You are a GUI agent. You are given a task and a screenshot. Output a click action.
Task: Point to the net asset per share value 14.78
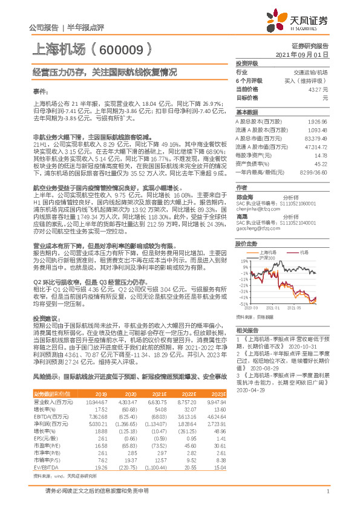(x=322, y=155)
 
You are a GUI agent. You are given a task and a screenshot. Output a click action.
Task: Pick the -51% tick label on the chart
(x=243, y=303)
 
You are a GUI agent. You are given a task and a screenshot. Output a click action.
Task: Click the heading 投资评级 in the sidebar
(x=247, y=62)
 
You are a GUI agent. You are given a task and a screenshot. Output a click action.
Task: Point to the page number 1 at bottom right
(x=327, y=498)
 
